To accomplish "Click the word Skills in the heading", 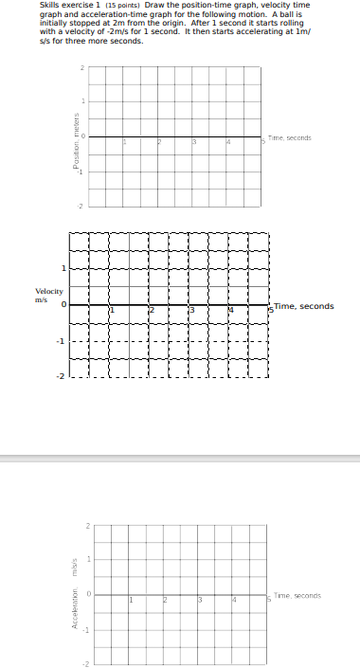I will (x=49, y=5).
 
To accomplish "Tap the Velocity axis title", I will (x=49, y=291).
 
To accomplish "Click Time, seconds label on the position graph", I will (x=290, y=138).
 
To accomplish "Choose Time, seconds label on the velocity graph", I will (x=304, y=306).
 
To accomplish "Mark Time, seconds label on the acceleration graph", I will (x=297, y=595).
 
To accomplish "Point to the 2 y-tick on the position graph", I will (x=82, y=67).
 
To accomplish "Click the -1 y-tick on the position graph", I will (x=81, y=172).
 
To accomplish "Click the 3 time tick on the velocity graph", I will (x=191, y=311).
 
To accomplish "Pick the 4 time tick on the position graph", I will (x=227, y=143).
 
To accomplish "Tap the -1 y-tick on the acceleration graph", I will (x=88, y=629).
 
